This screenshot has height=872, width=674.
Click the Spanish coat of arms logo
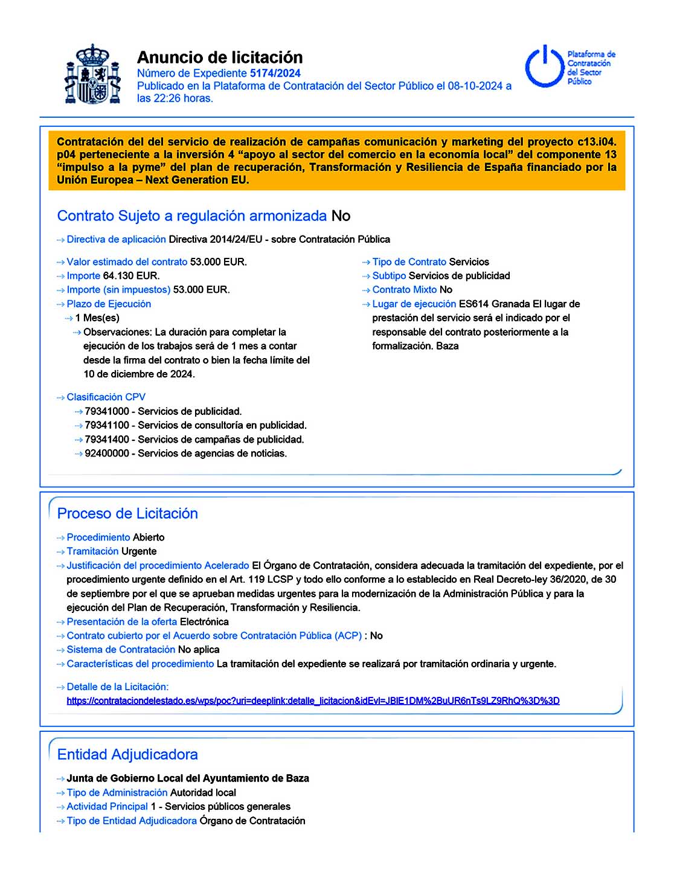click(x=92, y=75)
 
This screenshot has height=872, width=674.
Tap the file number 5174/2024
click(x=275, y=73)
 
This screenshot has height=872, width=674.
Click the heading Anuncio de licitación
click(x=220, y=57)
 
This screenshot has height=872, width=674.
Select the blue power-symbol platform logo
click(x=545, y=66)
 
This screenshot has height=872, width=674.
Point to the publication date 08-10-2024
click(x=475, y=86)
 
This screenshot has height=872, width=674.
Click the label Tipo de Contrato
click(x=409, y=262)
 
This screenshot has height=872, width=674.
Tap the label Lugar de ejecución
click(x=414, y=304)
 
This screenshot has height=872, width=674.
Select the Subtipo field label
click(x=389, y=276)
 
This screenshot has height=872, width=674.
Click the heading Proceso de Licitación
click(x=127, y=513)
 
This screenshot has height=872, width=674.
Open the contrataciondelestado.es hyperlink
click(x=313, y=700)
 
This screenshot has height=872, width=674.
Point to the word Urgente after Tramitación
click(x=139, y=551)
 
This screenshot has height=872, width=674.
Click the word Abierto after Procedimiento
click(x=149, y=537)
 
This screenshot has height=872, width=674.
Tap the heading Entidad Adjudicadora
click(x=127, y=754)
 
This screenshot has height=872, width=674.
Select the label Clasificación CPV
click(x=106, y=397)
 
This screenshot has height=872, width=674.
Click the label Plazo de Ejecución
click(x=109, y=304)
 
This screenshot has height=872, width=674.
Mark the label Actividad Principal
click(x=107, y=807)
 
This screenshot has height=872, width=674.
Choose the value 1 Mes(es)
click(x=97, y=318)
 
